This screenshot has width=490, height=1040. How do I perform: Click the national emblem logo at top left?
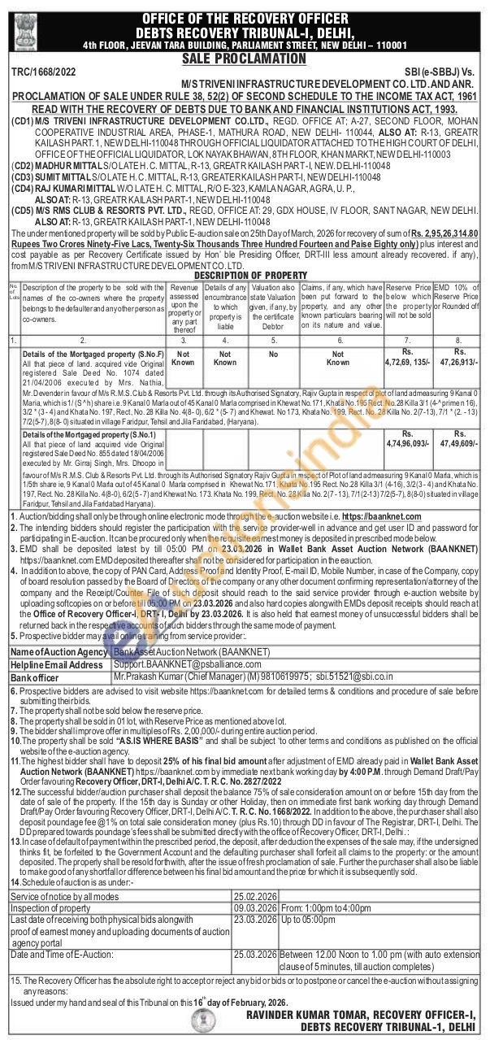coord(20,28)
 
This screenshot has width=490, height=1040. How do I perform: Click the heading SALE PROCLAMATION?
coord(244,59)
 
